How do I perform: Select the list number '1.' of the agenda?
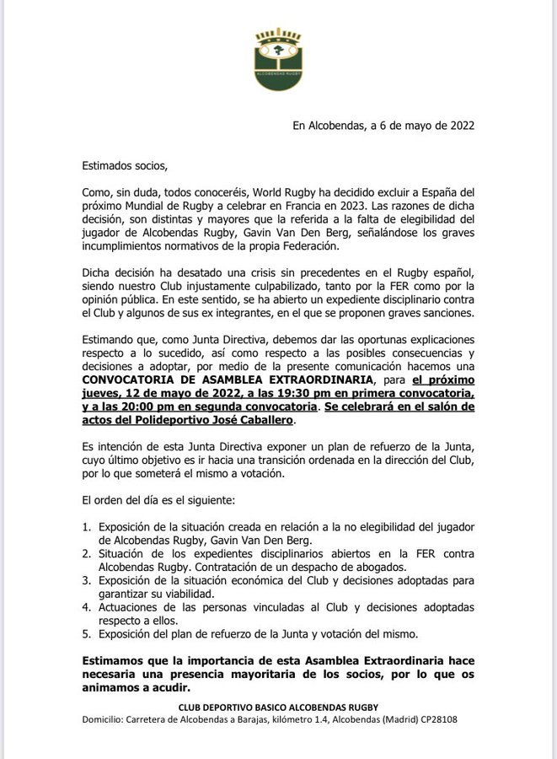(x=87, y=526)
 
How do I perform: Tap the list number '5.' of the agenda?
(x=87, y=634)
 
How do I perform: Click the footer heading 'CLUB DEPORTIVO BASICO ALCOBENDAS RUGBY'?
(x=278, y=705)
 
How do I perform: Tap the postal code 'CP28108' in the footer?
(x=436, y=719)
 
